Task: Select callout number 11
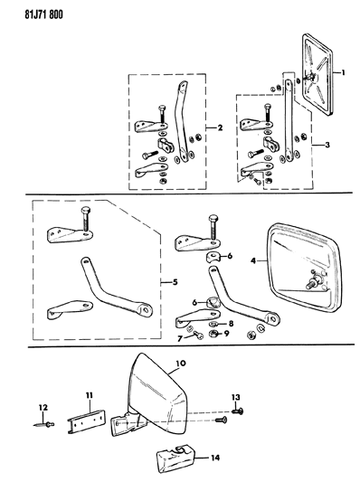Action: [90, 395]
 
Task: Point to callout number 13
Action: [235, 398]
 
